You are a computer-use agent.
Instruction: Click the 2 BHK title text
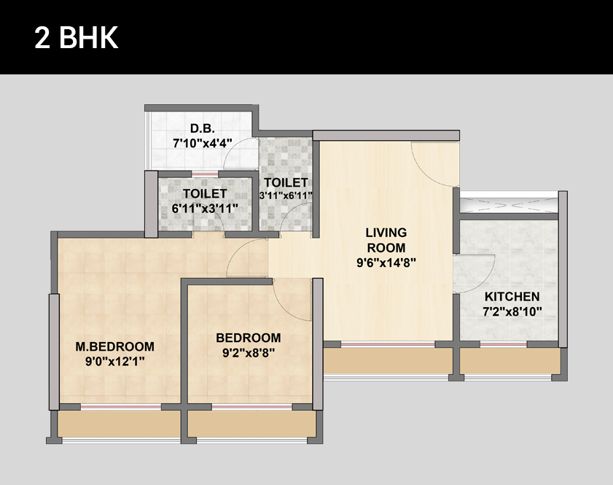pos(77,37)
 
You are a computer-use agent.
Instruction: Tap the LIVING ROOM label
pos(386,240)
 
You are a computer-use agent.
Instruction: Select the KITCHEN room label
pos(512,297)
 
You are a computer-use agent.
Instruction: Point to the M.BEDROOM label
pos(115,346)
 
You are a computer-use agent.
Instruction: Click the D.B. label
pos(203,128)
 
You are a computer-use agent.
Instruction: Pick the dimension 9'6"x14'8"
pos(386,263)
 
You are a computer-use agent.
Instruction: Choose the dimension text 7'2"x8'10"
pos(512,311)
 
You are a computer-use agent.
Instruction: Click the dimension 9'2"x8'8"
pos(249,353)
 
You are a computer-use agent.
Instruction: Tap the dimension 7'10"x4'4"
pos(203,143)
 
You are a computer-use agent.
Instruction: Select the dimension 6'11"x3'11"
pos(205,209)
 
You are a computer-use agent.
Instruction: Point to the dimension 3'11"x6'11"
pos(286,195)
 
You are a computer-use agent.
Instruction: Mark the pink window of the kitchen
pos(504,344)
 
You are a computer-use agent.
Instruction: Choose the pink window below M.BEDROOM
pos(121,407)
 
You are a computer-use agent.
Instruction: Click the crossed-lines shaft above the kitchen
pos(509,205)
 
